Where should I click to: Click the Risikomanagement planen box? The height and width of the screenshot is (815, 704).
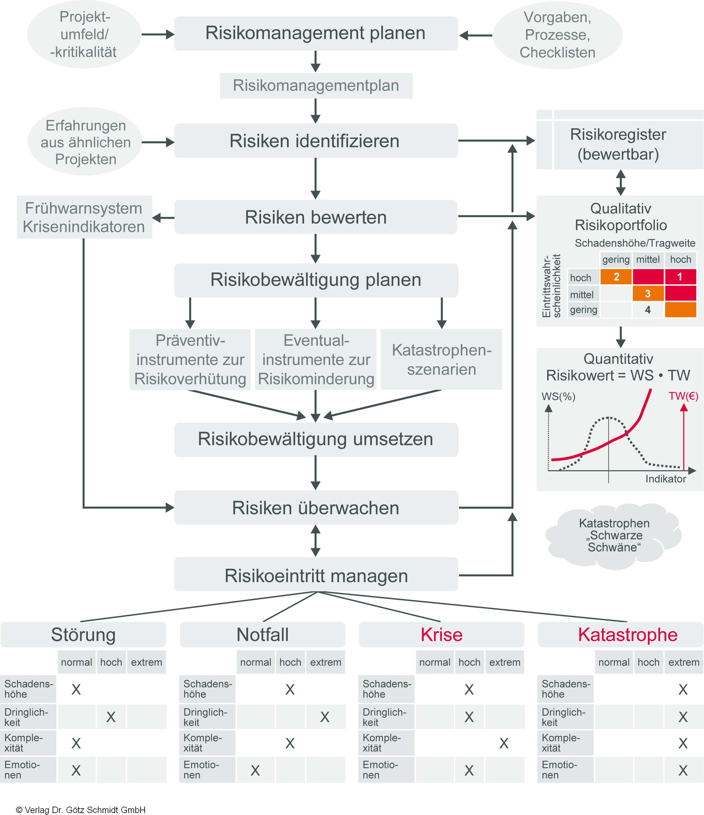point(315,33)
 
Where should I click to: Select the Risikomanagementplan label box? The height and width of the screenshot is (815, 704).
point(316,86)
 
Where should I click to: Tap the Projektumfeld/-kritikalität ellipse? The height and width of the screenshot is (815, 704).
point(84,35)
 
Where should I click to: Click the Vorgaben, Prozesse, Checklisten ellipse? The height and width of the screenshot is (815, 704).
point(557,35)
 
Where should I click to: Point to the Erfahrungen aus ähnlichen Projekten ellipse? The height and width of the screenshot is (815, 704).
point(85,142)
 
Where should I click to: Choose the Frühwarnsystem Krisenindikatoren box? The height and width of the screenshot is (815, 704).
point(84,217)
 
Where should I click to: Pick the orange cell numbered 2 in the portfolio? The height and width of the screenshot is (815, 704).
point(616,277)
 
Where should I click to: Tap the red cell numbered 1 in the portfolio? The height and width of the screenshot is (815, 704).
point(680,277)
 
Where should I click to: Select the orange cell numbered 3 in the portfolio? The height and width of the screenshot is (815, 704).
point(648,293)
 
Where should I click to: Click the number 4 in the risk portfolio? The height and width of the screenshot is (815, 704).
point(648,310)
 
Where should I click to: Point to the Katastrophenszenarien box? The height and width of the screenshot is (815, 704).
point(441,360)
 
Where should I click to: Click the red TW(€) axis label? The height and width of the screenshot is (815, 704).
point(683,396)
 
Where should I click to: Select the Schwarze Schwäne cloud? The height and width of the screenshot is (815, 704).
point(614,535)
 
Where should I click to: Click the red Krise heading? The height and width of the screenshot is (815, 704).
point(441,635)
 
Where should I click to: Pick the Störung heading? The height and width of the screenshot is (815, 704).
point(83,635)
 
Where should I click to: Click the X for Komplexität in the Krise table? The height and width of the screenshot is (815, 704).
point(504,743)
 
